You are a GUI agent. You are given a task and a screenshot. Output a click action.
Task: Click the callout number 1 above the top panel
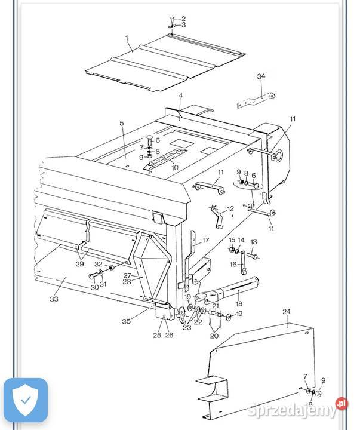(x=127, y=38)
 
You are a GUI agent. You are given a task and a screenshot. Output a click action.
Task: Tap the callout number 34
(x=261, y=76)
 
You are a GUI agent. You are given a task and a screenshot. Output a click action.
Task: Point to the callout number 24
(x=287, y=312)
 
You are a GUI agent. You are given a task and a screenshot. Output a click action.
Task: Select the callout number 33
(x=54, y=299)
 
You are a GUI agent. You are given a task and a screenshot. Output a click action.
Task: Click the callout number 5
(x=122, y=124)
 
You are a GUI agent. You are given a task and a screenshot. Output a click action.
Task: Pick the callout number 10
(x=174, y=168)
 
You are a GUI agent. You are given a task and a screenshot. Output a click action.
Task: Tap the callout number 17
(x=205, y=241)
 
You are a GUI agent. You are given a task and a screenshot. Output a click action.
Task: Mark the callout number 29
(x=79, y=263)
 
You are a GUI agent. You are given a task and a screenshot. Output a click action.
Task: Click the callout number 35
(x=127, y=321)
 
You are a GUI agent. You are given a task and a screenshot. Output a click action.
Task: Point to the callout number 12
(x=230, y=209)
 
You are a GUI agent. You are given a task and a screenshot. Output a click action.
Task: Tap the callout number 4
(x=180, y=96)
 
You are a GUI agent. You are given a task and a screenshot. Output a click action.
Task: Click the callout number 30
(x=94, y=287)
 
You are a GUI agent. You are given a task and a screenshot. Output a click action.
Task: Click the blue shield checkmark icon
(x=24, y=400)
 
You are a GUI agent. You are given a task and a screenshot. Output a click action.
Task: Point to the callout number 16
(x=232, y=264)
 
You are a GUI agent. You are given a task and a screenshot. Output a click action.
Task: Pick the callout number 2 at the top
(x=183, y=19)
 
